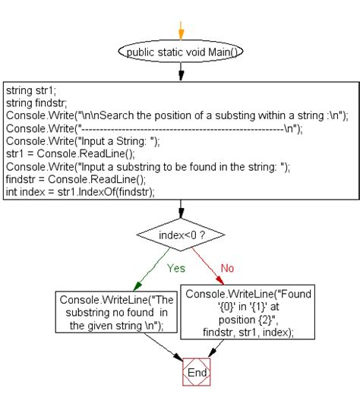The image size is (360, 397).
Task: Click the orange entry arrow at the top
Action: pyautogui.click(x=181, y=29)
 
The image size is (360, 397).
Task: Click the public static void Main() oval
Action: pyautogui.click(x=181, y=52)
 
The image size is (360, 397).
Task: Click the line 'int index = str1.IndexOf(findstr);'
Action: pyautogui.click(x=80, y=192)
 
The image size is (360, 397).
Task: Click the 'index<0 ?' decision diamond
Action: pyautogui.click(x=181, y=236)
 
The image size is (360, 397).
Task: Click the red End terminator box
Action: pyautogui.click(x=197, y=373)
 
